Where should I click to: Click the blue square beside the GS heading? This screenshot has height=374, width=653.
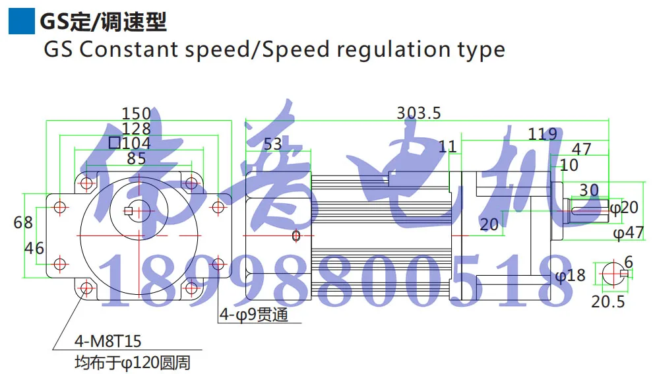(21, 20)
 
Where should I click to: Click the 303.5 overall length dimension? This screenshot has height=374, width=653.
(418, 113)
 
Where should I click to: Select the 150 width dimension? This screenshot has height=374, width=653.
(137, 114)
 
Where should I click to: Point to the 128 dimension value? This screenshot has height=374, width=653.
(137, 129)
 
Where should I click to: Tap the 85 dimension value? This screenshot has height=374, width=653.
(137, 158)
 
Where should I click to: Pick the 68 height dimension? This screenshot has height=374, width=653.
(23, 222)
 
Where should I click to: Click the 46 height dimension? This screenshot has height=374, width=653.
(34, 248)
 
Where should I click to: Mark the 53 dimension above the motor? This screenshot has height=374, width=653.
(272, 144)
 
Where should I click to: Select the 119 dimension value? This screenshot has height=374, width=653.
(542, 135)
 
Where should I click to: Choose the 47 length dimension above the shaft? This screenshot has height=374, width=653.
(581, 148)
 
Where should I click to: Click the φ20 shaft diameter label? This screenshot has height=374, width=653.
(623, 208)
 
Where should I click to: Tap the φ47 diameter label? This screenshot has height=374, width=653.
(628, 233)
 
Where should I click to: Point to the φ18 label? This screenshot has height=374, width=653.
(570, 276)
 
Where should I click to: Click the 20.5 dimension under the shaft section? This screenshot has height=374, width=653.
(607, 302)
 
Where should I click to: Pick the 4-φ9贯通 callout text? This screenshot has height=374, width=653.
(254, 315)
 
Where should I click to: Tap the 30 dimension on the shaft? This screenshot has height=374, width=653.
(588, 190)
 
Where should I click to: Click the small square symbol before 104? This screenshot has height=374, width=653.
(114, 142)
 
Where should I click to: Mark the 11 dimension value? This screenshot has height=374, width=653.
(447, 146)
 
